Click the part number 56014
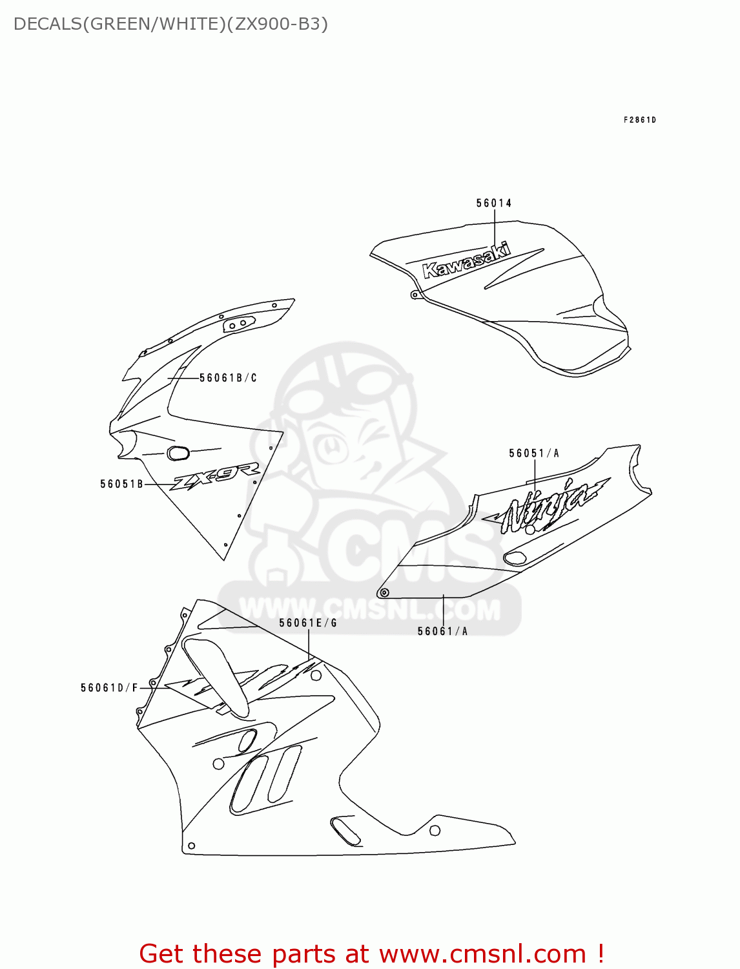[494, 203]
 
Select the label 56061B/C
[228, 378]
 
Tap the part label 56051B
[121, 484]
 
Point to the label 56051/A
[534, 453]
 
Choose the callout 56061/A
[442, 631]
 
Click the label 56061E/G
[308, 623]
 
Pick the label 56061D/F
[109, 688]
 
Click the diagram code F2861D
[639, 120]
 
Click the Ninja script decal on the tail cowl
[549, 505]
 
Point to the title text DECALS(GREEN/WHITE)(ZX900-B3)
[170, 24]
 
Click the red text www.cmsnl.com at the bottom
[482, 954]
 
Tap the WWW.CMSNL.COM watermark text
[369, 609]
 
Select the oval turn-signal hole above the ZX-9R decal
[178, 453]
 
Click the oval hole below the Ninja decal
[515, 558]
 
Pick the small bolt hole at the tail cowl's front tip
[384, 592]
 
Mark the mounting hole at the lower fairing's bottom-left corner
[191, 846]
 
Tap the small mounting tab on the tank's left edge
[415, 295]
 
